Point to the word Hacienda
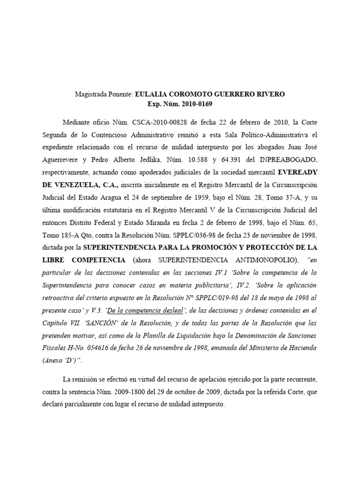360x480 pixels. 301,349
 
